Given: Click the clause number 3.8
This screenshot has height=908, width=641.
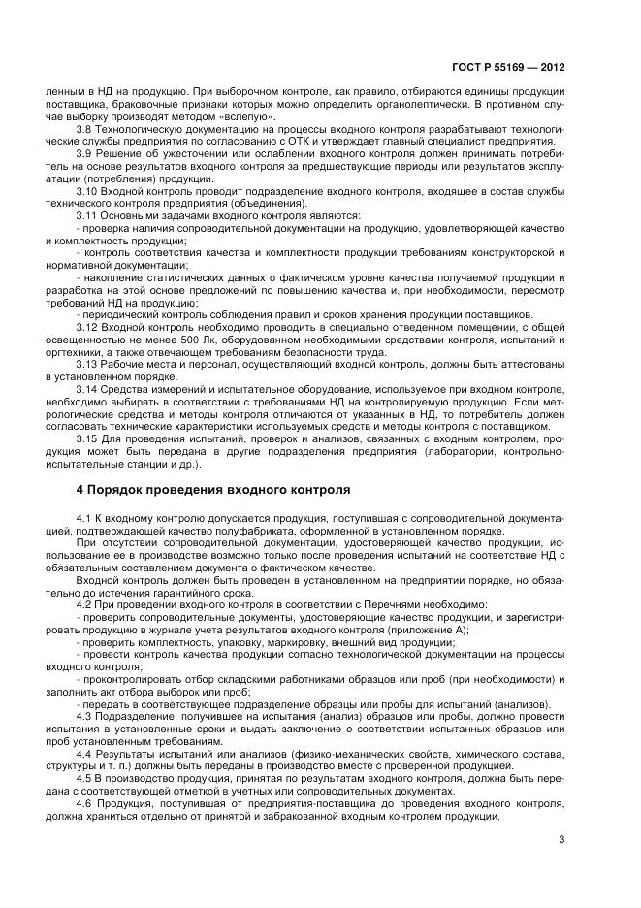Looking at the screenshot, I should pyautogui.click(x=83, y=128).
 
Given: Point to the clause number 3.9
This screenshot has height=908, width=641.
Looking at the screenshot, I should pyautogui.click(x=83, y=153).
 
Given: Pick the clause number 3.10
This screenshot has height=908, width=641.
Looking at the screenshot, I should pyautogui.click(x=86, y=191).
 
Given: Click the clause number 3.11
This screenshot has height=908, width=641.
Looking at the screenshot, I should pyautogui.click(x=86, y=215).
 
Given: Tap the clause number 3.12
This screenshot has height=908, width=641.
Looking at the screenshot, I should pyautogui.click(x=86, y=329).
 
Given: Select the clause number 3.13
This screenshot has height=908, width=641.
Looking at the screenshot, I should pyautogui.click(x=86, y=366).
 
